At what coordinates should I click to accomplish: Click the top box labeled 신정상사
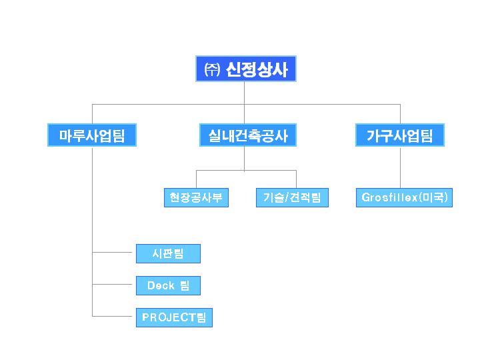(246, 69)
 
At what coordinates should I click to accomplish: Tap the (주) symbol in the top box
(212, 69)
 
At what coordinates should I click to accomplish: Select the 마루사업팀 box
(92, 135)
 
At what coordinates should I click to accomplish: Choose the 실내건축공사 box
(248, 135)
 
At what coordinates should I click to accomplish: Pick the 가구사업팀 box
(400, 135)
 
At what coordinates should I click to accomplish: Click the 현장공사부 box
(196, 198)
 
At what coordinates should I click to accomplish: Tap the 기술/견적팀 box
(292, 198)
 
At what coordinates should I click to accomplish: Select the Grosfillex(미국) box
(404, 198)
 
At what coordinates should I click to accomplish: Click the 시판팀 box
(168, 254)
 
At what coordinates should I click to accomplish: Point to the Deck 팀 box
(168, 285)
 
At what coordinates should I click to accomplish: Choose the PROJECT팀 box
(174, 318)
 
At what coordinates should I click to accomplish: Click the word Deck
(161, 285)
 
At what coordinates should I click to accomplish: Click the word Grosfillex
(389, 197)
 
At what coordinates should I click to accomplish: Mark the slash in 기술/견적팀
(287, 198)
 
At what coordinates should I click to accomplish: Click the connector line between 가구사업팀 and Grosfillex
(400, 167)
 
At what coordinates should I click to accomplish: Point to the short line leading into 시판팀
(112, 253)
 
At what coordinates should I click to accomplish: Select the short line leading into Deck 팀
(112, 285)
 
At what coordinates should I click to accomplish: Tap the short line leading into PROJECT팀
(112, 316)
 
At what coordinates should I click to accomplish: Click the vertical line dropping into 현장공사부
(196, 179)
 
